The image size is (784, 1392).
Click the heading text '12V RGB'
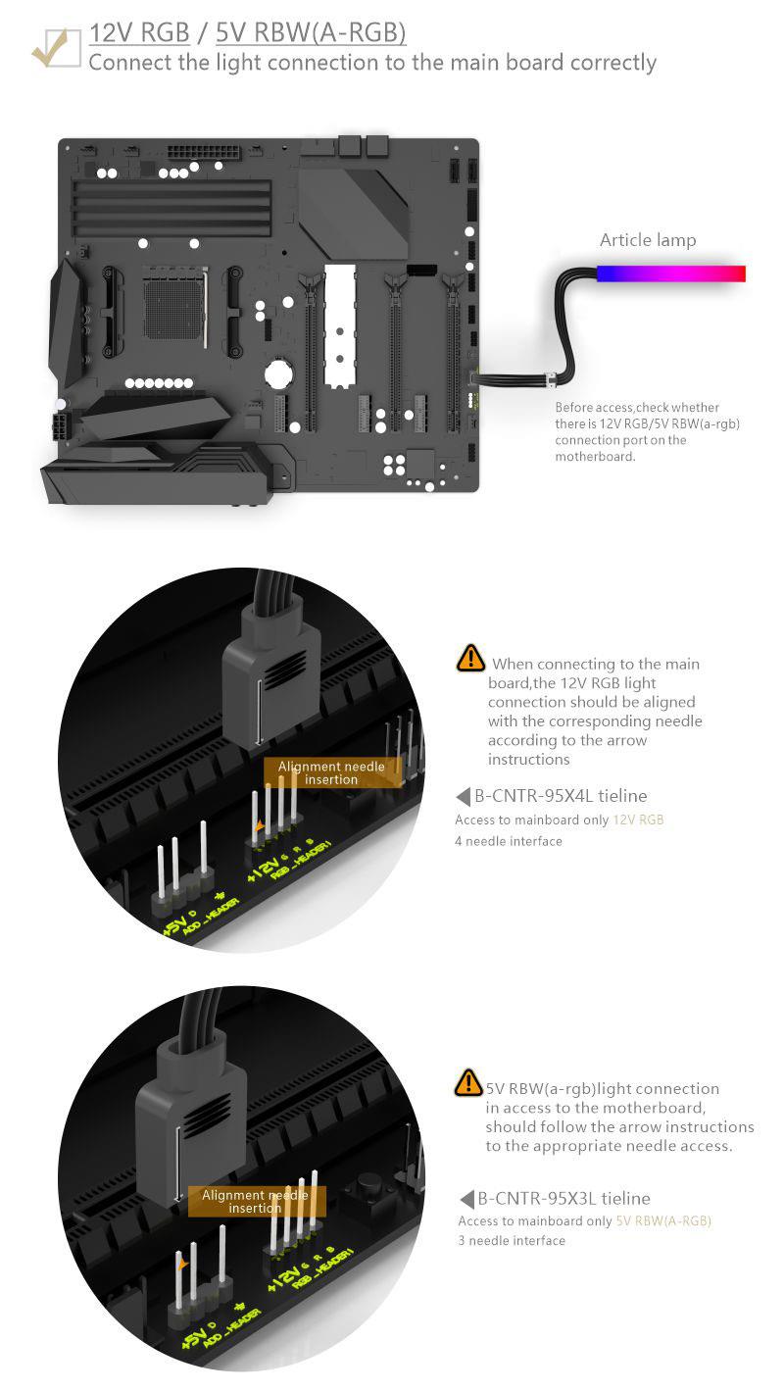pyautogui.click(x=139, y=32)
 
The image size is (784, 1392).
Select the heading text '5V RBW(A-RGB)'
pyautogui.click(x=311, y=33)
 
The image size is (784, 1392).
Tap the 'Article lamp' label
pyautogui.click(x=648, y=240)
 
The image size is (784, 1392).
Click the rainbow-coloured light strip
pyautogui.click(x=671, y=273)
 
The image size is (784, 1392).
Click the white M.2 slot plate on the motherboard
pyautogui.click(x=340, y=326)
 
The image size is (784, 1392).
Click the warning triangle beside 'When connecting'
pyautogui.click(x=470, y=658)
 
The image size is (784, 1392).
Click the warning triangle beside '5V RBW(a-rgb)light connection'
pyautogui.click(x=468, y=1082)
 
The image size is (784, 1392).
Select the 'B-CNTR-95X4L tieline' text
pyautogui.click(x=561, y=795)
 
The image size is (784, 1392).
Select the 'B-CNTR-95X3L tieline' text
pyautogui.click(x=563, y=1198)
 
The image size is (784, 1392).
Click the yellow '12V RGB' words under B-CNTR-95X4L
pyautogui.click(x=638, y=820)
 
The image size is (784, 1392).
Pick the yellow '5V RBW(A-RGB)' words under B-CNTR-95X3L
pyautogui.click(x=662, y=1221)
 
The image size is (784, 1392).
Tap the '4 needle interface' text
pyautogui.click(x=509, y=841)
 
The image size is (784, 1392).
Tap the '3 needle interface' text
pyautogui.click(x=512, y=1240)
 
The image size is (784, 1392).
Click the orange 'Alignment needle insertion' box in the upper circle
pyautogui.click(x=332, y=772)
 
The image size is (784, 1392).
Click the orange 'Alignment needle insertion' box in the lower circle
pyautogui.click(x=256, y=1201)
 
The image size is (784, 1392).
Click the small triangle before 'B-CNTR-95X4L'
pyautogui.click(x=463, y=796)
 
